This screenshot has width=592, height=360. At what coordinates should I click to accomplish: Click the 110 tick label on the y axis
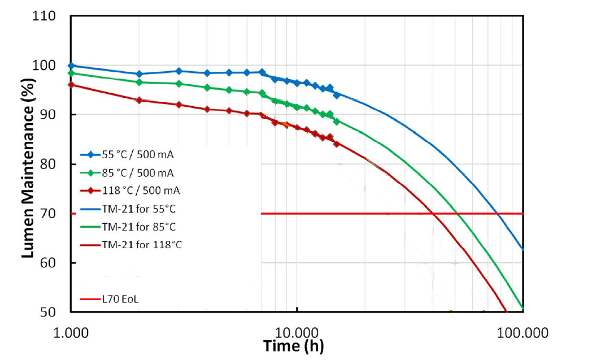pyautogui.click(x=44, y=16)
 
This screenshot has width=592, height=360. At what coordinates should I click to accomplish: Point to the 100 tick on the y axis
pyautogui.click(x=44, y=66)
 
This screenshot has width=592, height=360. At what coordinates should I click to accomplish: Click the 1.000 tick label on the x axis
pyautogui.click(x=71, y=332)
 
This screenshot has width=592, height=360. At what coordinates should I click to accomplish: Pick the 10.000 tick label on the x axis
pyautogui.click(x=297, y=332)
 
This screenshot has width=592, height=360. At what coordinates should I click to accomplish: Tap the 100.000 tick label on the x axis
pyautogui.click(x=523, y=332)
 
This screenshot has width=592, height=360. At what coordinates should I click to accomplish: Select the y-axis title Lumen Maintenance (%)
pyautogui.click(x=28, y=164)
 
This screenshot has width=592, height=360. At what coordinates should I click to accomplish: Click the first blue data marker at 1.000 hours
pyautogui.click(x=71, y=66)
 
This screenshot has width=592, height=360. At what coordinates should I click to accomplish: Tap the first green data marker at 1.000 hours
pyautogui.click(x=71, y=73)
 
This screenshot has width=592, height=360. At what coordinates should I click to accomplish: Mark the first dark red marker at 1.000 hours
pyautogui.click(x=71, y=85)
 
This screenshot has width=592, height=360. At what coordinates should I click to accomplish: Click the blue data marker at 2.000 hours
pyautogui.click(x=139, y=74)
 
